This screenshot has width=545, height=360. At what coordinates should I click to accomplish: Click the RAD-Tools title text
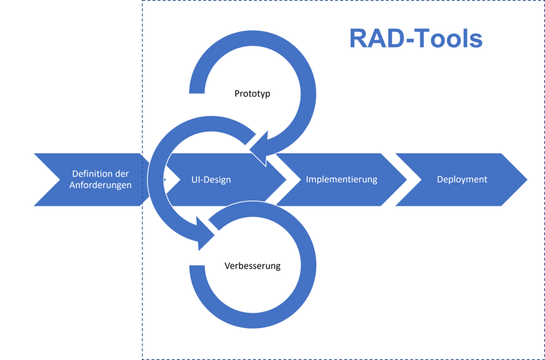[x=415, y=39]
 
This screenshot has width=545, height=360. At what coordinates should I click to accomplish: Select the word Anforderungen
[x=100, y=185]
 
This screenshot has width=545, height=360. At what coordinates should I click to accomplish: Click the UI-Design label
[x=211, y=180]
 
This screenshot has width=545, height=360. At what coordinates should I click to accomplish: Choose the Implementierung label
[x=341, y=179]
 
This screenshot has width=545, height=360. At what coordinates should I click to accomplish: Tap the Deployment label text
[x=462, y=179]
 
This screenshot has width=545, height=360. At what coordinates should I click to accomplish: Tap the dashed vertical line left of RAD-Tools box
[x=142, y=90]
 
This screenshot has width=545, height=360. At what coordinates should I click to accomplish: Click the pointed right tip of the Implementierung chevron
[x=407, y=179]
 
